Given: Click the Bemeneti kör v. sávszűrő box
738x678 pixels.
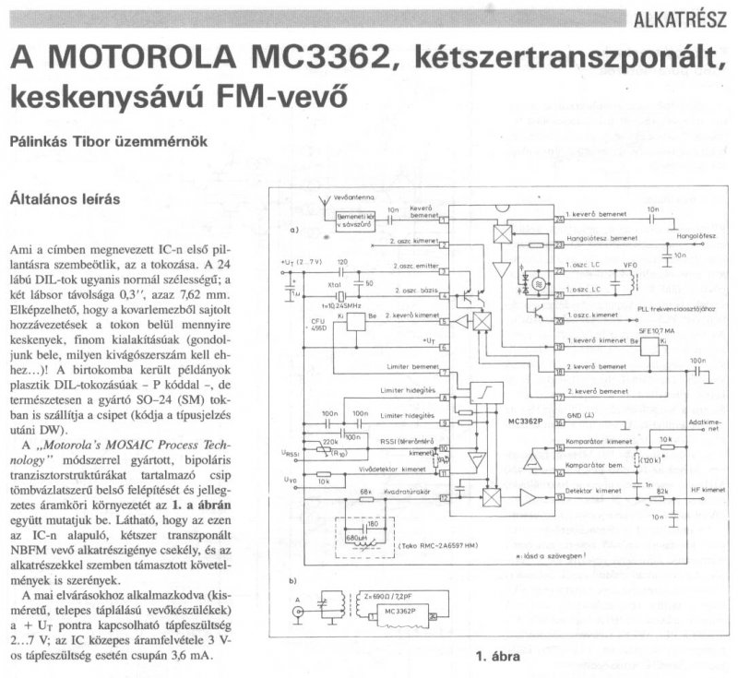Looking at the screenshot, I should coord(352,220).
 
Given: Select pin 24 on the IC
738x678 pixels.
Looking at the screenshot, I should coord(558,219).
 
